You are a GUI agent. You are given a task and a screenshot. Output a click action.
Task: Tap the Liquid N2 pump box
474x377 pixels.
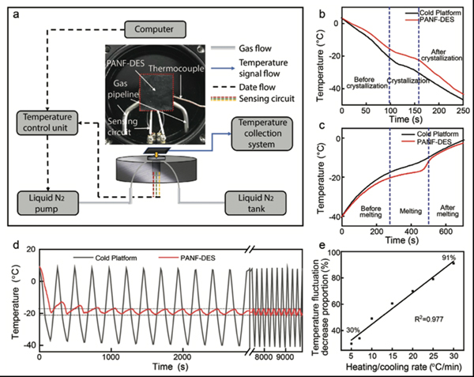tap(54, 201)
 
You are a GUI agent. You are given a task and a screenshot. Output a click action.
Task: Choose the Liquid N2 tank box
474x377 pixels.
tap(259, 201)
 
